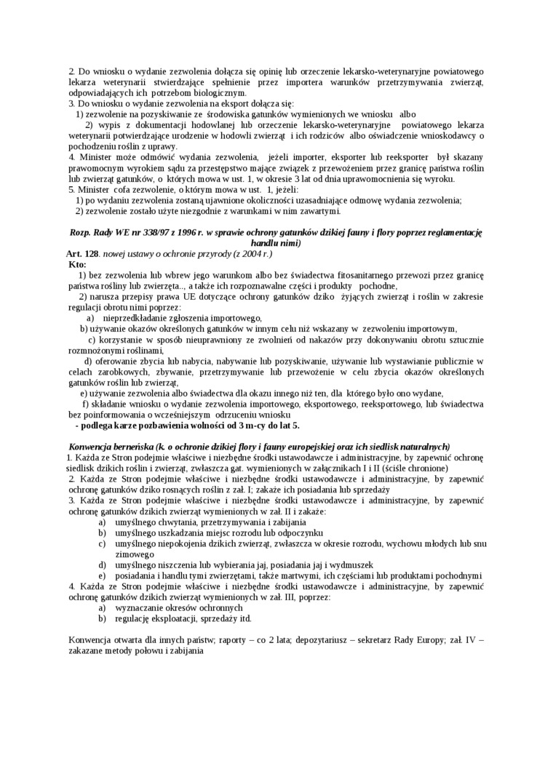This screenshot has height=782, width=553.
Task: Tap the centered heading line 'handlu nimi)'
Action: coord(275,242)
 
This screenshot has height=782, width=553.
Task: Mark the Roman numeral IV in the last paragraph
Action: coord(467,639)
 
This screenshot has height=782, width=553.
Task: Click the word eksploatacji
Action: coord(175,618)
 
